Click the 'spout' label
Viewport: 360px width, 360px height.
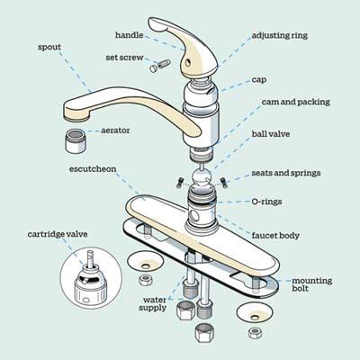click(x=49, y=47)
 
